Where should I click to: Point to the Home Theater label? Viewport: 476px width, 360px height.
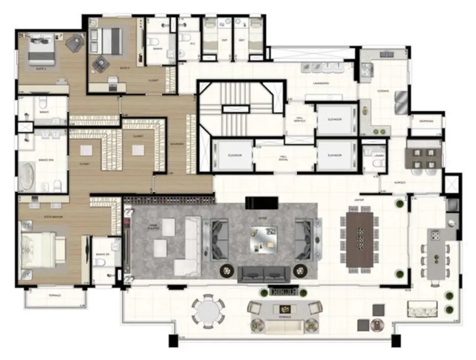pos(153,227)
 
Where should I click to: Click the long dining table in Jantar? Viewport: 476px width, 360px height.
pos(360,240)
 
